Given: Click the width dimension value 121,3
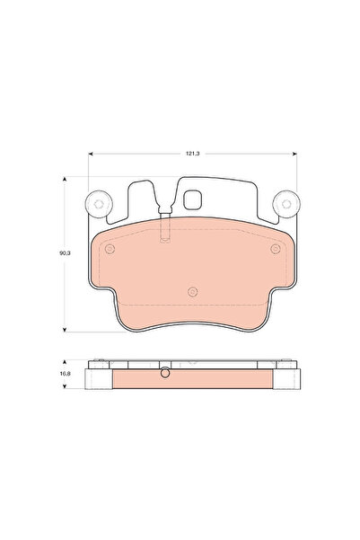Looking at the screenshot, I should pos(192,155).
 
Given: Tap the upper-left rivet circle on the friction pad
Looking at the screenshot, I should pos(110,249).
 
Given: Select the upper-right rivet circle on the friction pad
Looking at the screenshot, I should pos(276,249).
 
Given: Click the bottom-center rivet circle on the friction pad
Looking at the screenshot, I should pos(193,291).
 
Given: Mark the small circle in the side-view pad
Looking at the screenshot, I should pos(163,375).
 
